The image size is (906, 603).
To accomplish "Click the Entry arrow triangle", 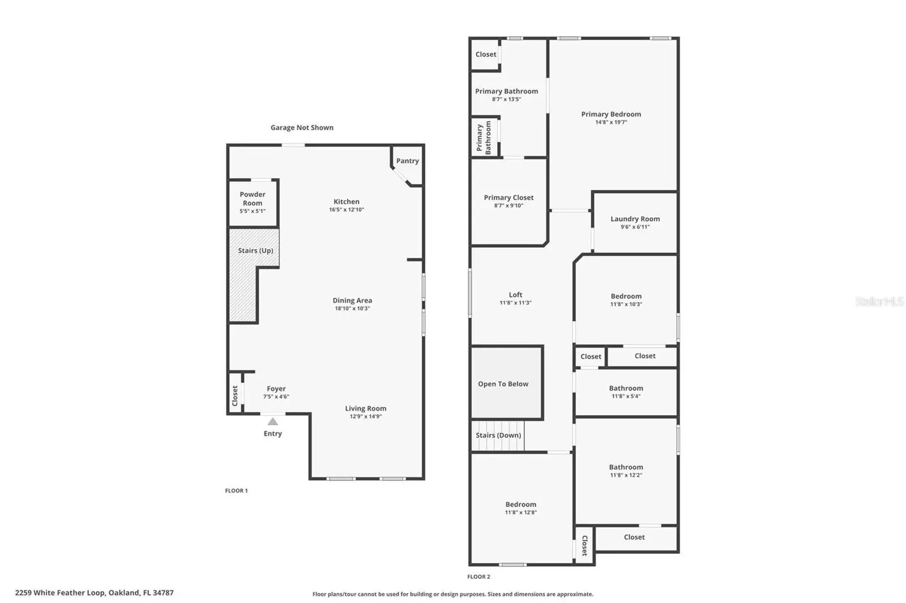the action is [273, 422].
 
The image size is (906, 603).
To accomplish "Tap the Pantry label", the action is [407, 161].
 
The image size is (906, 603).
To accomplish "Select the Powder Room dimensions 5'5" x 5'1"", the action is [253, 211].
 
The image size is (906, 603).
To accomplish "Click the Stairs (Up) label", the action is [255, 251].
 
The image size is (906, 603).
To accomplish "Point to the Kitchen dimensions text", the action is [347, 209].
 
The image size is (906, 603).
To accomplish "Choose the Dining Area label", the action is [352, 300].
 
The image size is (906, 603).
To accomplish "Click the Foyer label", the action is [276, 389].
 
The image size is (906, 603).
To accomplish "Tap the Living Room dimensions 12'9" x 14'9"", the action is [366, 416].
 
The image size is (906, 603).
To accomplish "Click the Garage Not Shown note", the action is [302, 128].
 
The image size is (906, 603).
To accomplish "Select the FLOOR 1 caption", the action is [236, 490].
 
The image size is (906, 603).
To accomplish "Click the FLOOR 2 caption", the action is [478, 577].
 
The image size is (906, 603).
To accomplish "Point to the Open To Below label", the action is [503, 384].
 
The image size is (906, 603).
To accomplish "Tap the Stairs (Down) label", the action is [498, 435].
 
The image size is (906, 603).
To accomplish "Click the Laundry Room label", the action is [635, 219].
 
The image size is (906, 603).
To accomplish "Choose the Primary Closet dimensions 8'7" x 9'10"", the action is [509, 205].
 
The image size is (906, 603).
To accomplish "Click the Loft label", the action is [516, 295].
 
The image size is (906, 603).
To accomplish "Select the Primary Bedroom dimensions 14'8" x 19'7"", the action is [611, 122].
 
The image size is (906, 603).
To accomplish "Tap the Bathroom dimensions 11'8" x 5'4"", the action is [626, 396].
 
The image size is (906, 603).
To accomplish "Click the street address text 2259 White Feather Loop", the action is [61, 593].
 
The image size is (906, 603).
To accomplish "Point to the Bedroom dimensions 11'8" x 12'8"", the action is [521, 512].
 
